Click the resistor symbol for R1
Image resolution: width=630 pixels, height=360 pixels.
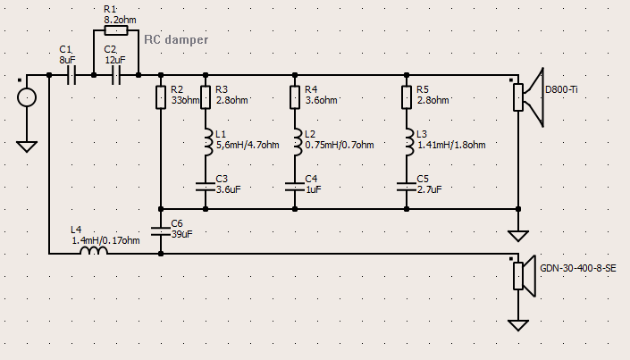point(116,30)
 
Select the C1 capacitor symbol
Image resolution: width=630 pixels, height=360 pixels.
point(71,75)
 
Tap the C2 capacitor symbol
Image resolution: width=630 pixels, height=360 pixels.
point(115,75)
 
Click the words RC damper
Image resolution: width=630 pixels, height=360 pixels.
point(176,39)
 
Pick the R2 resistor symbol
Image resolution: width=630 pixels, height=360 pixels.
point(161,97)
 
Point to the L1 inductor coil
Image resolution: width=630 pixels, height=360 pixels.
point(207,142)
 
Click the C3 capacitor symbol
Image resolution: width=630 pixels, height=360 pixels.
point(206,187)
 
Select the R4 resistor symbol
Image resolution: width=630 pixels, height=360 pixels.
point(295,97)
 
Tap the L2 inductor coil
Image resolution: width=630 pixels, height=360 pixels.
point(298,142)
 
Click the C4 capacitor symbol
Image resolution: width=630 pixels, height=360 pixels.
point(295,187)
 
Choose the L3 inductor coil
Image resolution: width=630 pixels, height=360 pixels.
point(409,142)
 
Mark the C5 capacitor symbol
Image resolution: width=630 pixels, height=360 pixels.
point(407,187)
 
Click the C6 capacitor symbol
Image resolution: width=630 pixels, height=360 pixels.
point(161,231)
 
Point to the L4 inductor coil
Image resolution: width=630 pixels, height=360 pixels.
point(94,250)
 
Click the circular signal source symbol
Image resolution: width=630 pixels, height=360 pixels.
point(27,97)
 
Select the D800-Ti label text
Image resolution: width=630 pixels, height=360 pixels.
point(561,89)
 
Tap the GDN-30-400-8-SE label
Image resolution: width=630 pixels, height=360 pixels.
point(578,268)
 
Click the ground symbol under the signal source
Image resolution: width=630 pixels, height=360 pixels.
point(27,147)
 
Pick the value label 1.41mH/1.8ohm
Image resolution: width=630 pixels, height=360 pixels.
point(451,145)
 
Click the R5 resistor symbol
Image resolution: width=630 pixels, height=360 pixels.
point(407,97)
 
